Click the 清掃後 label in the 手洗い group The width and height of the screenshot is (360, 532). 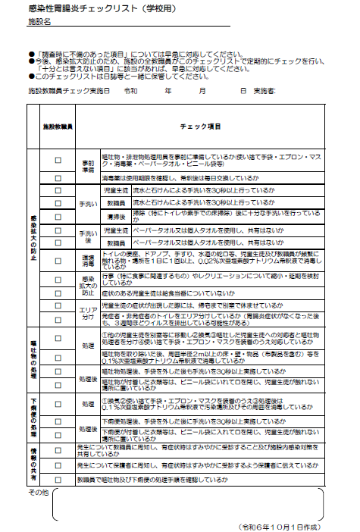pos(114,216)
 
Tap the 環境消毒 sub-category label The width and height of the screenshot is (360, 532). pos(88,258)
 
